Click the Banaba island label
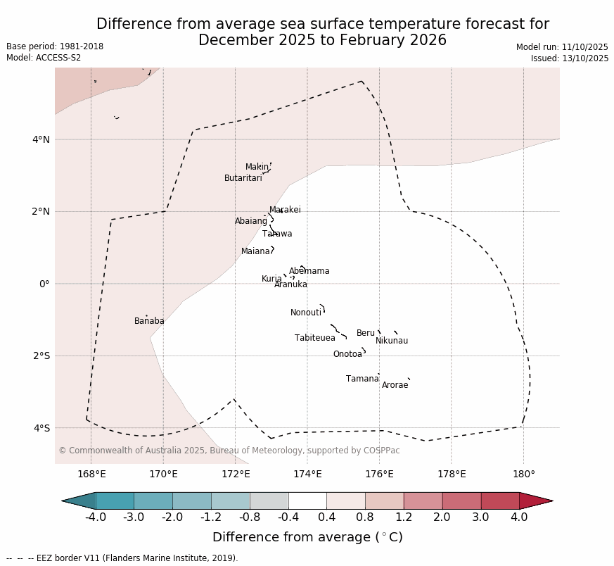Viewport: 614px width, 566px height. [149, 322]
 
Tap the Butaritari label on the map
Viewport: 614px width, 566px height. [243, 179]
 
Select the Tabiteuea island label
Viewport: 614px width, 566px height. [315, 339]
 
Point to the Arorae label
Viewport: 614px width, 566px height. [395, 386]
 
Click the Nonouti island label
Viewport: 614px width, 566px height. [306, 313]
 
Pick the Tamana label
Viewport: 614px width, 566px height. [362, 379]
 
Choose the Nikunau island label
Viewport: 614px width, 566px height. [392, 341]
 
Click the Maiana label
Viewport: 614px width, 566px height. [256, 252]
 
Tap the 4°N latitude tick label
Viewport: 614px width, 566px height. [41, 139]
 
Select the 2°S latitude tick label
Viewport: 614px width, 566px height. [41, 356]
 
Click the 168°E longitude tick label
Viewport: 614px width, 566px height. [91, 474]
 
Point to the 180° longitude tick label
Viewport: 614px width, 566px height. [523, 474]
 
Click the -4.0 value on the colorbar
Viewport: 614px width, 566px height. [96, 518]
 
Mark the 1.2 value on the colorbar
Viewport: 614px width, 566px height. [404, 518]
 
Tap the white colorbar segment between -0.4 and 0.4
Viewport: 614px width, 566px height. [307, 501]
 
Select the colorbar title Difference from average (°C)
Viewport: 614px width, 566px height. [307, 538]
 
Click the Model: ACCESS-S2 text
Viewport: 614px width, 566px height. [44, 58]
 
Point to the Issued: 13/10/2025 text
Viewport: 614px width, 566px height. [570, 59]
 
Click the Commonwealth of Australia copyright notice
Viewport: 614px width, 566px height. [229, 451]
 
